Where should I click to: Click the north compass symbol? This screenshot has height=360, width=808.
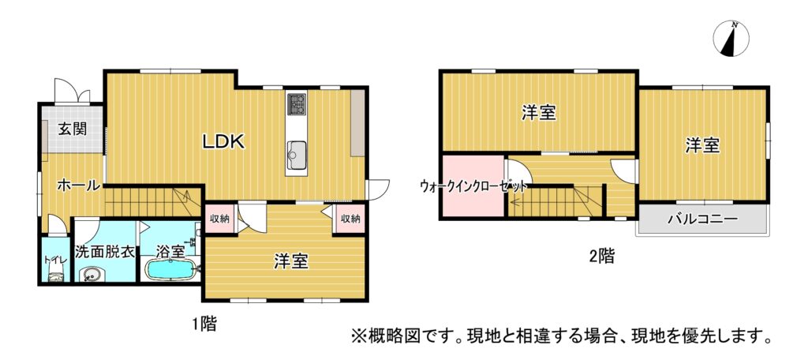click(x=731, y=39)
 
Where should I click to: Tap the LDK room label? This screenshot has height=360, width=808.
click(x=223, y=142)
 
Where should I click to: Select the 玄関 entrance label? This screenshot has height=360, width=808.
click(x=72, y=129)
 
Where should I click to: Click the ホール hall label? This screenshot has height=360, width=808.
click(x=78, y=186)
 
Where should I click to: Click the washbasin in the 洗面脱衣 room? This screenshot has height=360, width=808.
click(x=92, y=274)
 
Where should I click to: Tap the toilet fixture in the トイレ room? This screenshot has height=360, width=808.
click(x=55, y=277)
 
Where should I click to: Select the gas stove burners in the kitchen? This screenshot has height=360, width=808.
click(x=297, y=103)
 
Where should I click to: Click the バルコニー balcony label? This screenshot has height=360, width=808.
click(x=703, y=219)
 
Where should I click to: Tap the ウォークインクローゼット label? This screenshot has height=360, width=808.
click(x=473, y=186)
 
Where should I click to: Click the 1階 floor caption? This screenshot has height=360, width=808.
click(x=204, y=324)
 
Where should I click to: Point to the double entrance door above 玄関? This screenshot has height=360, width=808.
click(x=72, y=92)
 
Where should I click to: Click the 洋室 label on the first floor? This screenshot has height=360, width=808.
click(x=290, y=262)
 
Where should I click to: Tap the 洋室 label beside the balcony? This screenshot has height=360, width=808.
click(x=701, y=146)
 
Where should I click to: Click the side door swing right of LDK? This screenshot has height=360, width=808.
click(x=378, y=188)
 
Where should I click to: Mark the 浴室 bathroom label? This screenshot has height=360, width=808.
click(x=170, y=252)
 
